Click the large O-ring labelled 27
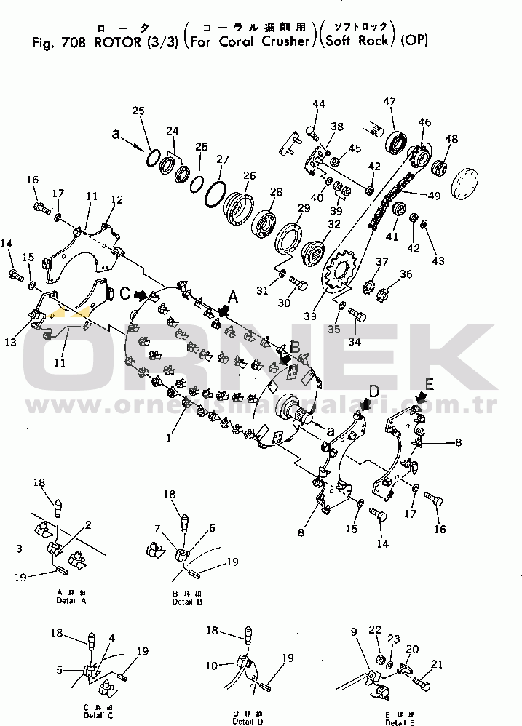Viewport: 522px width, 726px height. point(215,193)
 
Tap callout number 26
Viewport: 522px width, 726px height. point(249,176)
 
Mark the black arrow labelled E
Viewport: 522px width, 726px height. point(422,396)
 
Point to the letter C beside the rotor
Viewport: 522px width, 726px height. point(125,293)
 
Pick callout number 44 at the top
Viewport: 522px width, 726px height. point(319,105)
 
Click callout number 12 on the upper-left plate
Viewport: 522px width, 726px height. point(116,199)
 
